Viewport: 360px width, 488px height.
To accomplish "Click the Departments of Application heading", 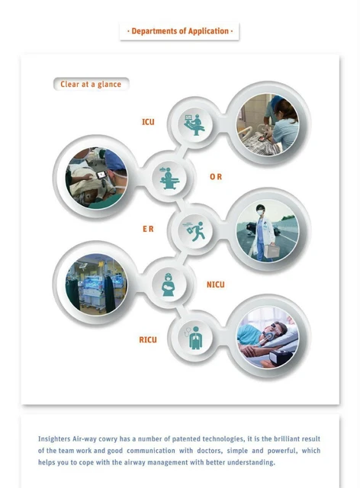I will click(x=179, y=31).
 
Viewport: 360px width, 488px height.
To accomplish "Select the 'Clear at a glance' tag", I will click(x=91, y=84).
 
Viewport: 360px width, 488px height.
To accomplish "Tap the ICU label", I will click(x=148, y=122).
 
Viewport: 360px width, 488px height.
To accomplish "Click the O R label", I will click(x=216, y=176).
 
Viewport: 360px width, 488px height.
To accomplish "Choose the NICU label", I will click(x=216, y=284).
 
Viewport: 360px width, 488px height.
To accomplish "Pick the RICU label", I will click(x=148, y=339).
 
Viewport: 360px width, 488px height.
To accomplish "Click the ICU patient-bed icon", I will click(x=191, y=124).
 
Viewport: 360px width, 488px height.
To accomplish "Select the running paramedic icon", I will click(x=191, y=231).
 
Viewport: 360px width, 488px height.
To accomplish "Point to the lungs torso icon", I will click(x=191, y=337).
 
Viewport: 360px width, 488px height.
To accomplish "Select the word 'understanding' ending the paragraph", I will click(x=249, y=462).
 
